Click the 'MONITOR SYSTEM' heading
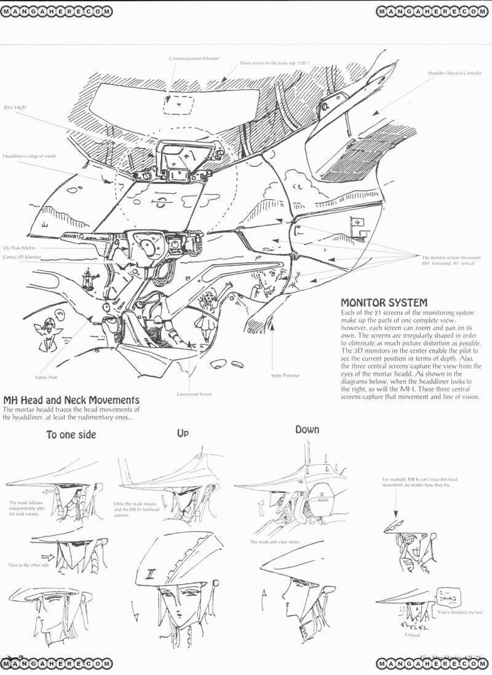click(x=384, y=302)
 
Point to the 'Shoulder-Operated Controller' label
click(x=454, y=73)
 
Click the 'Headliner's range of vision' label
click(x=28, y=156)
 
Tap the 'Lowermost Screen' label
click(x=194, y=393)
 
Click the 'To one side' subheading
click(x=71, y=435)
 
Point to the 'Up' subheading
click(x=183, y=433)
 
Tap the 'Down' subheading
click(x=307, y=429)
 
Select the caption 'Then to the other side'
click(x=28, y=564)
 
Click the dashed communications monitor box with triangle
click(x=179, y=105)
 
